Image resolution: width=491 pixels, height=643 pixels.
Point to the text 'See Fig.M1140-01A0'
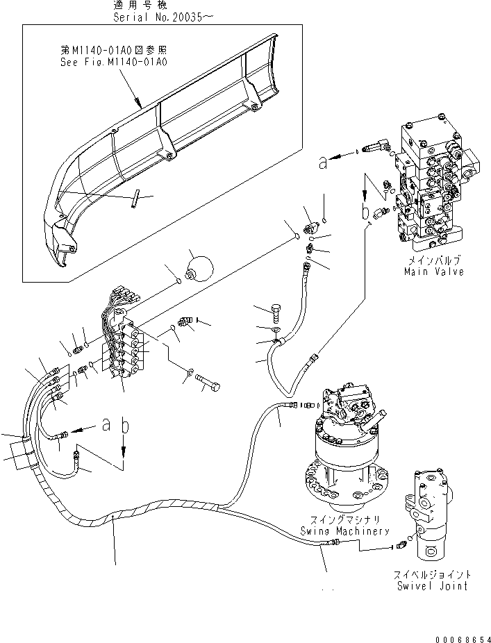pyautogui.click(x=113, y=62)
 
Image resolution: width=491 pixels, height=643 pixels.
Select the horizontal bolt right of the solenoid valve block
pyautogui.click(x=208, y=381)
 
